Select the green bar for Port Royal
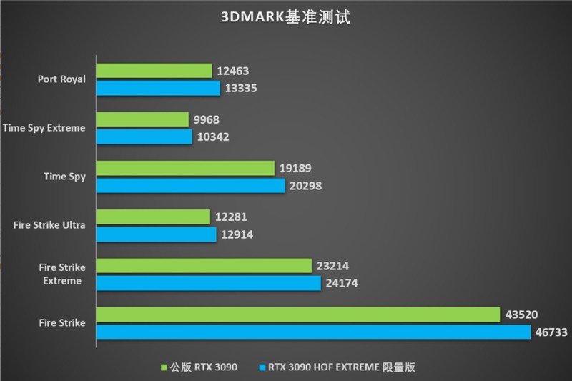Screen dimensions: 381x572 (154, 71)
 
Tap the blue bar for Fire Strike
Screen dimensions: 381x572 (313, 332)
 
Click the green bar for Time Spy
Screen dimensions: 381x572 (185, 168)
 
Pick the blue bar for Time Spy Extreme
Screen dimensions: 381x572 (144, 137)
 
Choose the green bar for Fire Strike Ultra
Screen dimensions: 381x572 (153, 217)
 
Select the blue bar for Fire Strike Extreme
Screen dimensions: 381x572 (209, 284)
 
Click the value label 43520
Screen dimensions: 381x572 (522, 314)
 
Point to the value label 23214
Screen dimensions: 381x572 (333, 265)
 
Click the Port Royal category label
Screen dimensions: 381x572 (62, 79)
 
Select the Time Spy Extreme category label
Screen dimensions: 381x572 (44, 128)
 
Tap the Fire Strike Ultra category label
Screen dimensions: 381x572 (49, 225)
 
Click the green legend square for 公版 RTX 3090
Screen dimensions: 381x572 (164, 367)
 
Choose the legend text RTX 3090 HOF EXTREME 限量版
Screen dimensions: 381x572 (342, 367)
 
